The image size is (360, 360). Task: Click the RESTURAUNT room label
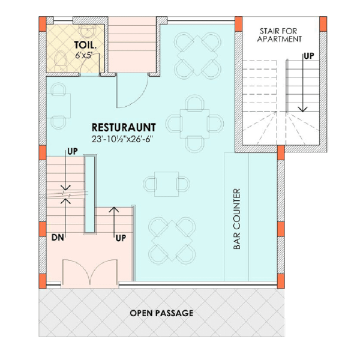pyautogui.click(x=124, y=127)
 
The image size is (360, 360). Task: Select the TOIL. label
pyautogui.click(x=83, y=44)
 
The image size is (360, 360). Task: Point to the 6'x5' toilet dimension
pyautogui.click(x=84, y=55)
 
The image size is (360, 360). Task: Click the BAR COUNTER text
pyautogui.click(x=236, y=220)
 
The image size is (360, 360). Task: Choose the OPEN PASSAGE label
pyautogui.click(x=162, y=313)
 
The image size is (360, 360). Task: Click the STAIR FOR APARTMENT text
pyautogui.click(x=280, y=34)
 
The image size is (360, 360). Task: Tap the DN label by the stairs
pyautogui.click(x=57, y=238)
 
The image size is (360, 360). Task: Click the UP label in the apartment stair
pyautogui.click(x=308, y=55)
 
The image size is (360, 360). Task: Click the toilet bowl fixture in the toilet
pyautogui.click(x=59, y=59)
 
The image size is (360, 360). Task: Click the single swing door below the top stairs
pyautogui.click(x=131, y=92)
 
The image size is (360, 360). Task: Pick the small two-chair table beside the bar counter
pyautogui.click(x=166, y=183)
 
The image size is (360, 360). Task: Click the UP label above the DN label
pyautogui.click(x=73, y=151)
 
